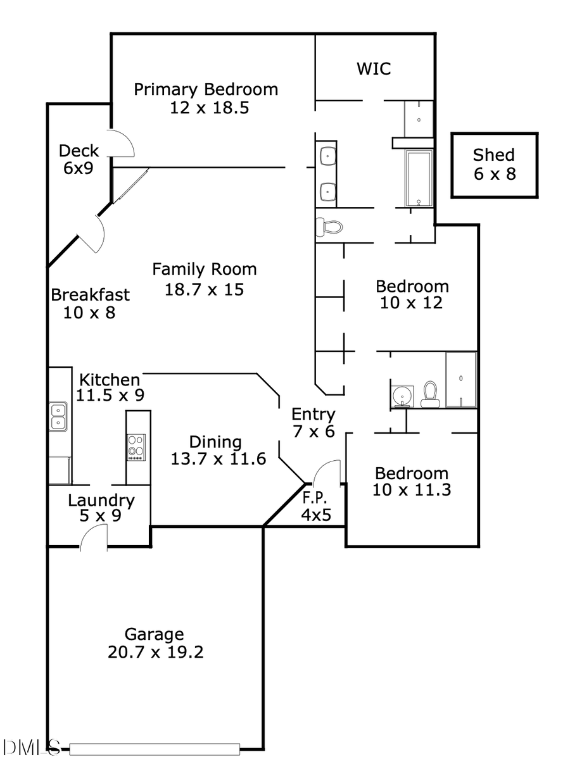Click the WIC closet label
pos(374,68)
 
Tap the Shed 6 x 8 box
pos(494,164)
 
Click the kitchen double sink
pos(58,416)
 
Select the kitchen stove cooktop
pos(136,448)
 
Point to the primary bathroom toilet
pos(330,226)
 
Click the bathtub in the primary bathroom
pos(419,179)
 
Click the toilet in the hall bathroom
pos(431,394)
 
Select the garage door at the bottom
pos(155,749)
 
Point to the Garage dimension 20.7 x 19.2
pos(155,652)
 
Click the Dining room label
pos(215,442)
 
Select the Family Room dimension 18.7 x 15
pos(204,290)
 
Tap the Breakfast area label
pos(90,295)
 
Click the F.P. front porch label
pos(315,497)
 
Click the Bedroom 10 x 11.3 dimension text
pos(412,489)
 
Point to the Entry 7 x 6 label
pos(313,415)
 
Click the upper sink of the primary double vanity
pos(327,155)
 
